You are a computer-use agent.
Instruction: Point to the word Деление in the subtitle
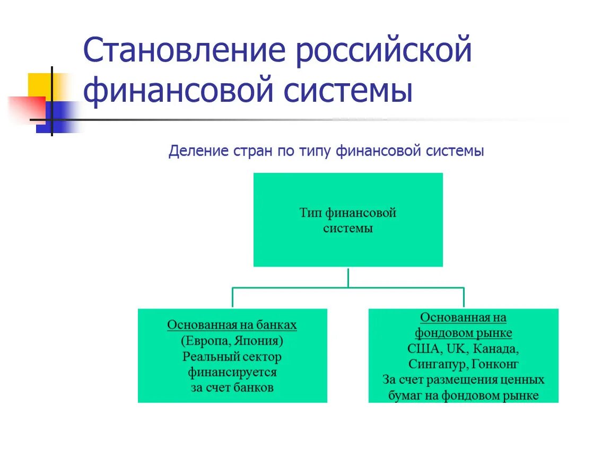click(198, 152)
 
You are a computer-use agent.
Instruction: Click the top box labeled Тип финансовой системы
click(348, 220)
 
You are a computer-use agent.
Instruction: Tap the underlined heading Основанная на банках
click(232, 325)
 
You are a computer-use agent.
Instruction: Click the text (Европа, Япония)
click(232, 340)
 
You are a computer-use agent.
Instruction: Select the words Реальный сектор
click(232, 356)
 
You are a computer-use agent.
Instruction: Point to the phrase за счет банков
click(232, 387)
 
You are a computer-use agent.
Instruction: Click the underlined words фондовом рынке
click(463, 333)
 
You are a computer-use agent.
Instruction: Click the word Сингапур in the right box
click(436, 364)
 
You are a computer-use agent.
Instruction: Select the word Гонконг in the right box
click(494, 364)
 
